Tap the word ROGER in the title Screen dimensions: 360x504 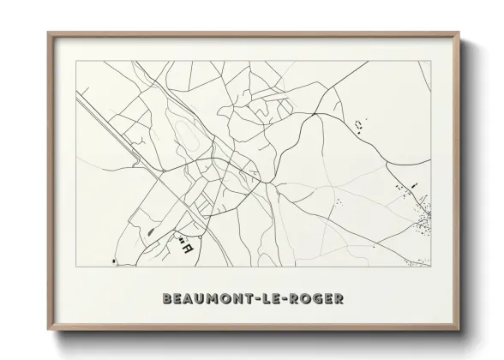click(x=320, y=299)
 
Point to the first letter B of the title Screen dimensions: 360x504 click(x=166, y=299)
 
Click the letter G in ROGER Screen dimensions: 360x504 click(x=321, y=299)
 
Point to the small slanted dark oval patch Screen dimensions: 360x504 click(x=152, y=230)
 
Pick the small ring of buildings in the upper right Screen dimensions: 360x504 click(x=358, y=126)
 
